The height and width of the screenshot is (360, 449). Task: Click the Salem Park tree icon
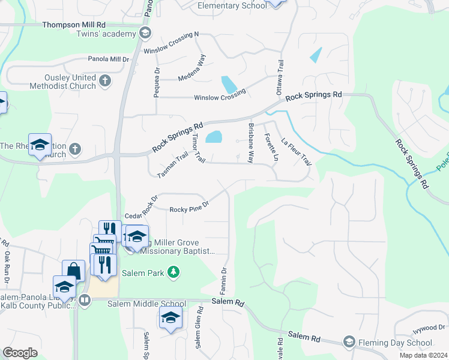pos(173,272)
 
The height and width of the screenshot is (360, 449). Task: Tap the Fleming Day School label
pos(395,343)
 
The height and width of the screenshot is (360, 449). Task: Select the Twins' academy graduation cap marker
pos(144,34)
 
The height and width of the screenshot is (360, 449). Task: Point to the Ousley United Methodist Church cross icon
pos(106,80)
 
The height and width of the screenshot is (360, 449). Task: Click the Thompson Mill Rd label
pos(74,25)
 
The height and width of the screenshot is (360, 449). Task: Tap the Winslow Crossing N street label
pos(171,43)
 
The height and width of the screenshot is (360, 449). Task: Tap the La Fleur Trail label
pos(297,152)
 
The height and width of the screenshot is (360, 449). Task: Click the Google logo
pos(20,353)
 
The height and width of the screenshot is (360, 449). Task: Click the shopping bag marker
pos(73,271)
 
